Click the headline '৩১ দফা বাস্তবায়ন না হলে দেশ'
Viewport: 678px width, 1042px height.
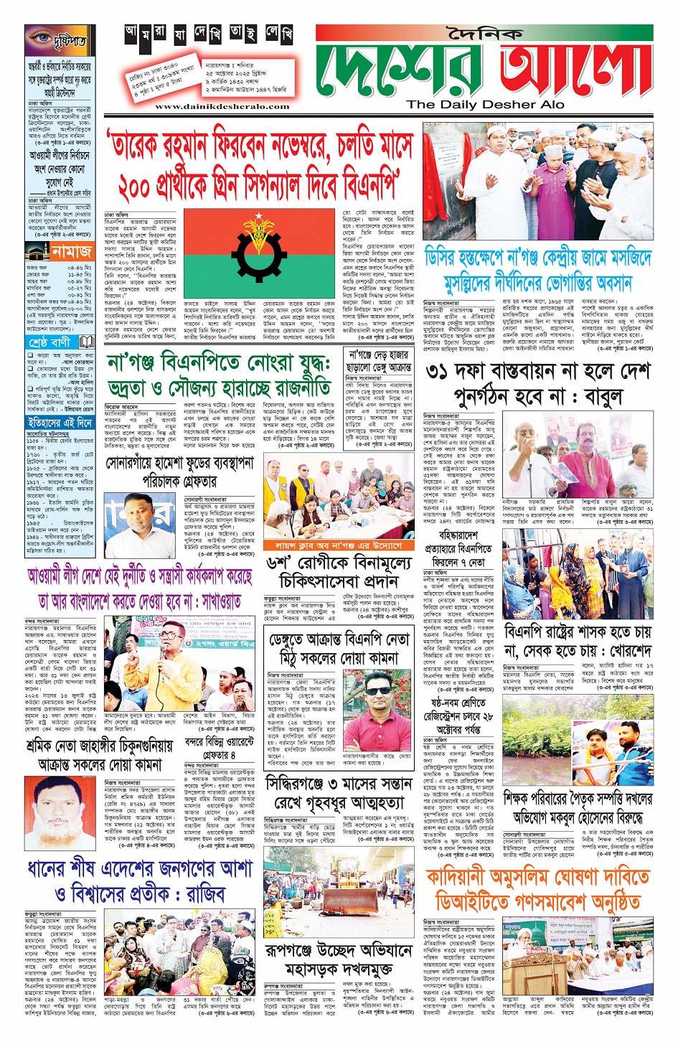(538, 372)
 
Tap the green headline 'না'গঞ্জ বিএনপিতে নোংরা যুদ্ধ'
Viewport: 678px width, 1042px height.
(218, 363)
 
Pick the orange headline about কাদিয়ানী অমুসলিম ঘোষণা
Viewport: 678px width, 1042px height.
(537, 888)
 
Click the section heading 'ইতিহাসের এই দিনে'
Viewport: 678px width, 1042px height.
(60, 423)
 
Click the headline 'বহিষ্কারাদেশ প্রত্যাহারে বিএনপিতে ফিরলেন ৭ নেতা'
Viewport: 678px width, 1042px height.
(459, 550)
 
